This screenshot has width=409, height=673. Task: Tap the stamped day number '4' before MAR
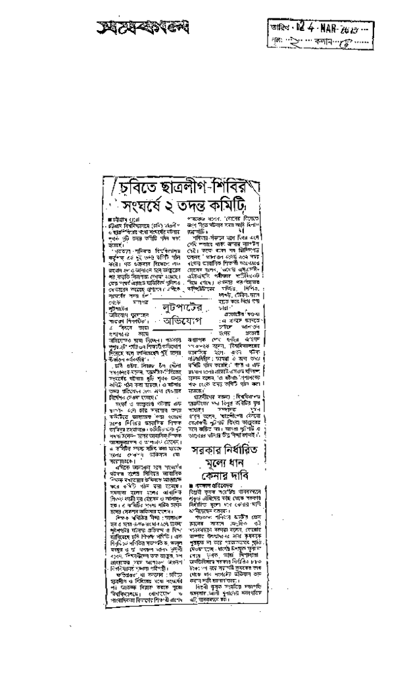[x=300, y=28]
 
